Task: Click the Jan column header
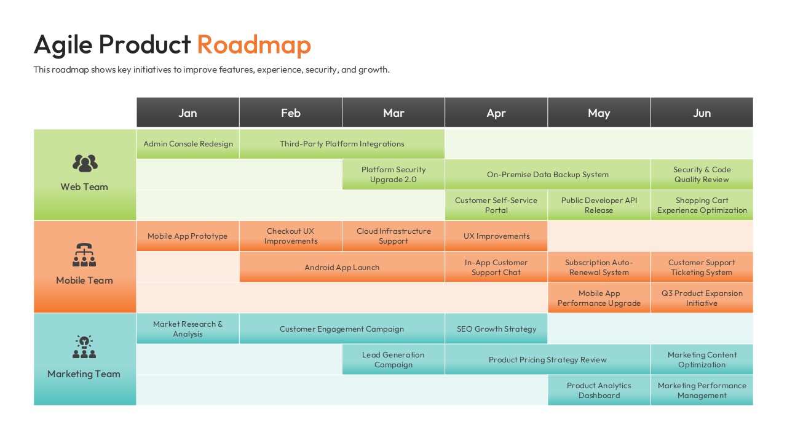click(188, 113)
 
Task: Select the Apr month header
click(496, 113)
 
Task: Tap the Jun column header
click(702, 113)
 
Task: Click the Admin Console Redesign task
click(188, 144)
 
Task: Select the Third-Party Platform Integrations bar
click(342, 144)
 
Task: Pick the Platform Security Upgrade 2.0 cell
click(393, 175)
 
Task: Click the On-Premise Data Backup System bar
click(547, 175)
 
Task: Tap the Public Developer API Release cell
click(599, 206)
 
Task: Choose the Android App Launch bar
click(342, 267)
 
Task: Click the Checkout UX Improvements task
click(291, 236)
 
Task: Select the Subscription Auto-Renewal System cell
click(599, 267)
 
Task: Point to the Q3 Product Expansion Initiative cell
click(702, 298)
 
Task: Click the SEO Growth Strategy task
click(496, 329)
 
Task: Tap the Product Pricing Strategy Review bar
click(547, 359)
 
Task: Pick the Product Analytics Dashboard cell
click(599, 390)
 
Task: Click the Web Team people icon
click(85, 163)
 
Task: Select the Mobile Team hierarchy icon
click(84, 255)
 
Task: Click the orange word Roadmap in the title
click(254, 45)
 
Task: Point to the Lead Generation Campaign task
click(393, 359)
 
